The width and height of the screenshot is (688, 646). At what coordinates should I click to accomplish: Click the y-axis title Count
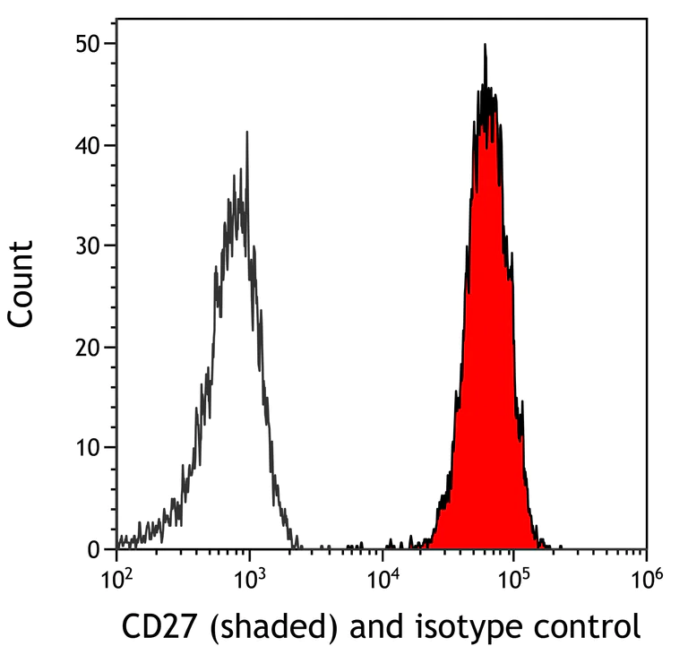click(x=21, y=283)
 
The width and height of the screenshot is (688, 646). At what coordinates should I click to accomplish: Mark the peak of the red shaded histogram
click(x=485, y=45)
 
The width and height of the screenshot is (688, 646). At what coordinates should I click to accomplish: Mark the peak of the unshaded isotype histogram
click(x=246, y=132)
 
